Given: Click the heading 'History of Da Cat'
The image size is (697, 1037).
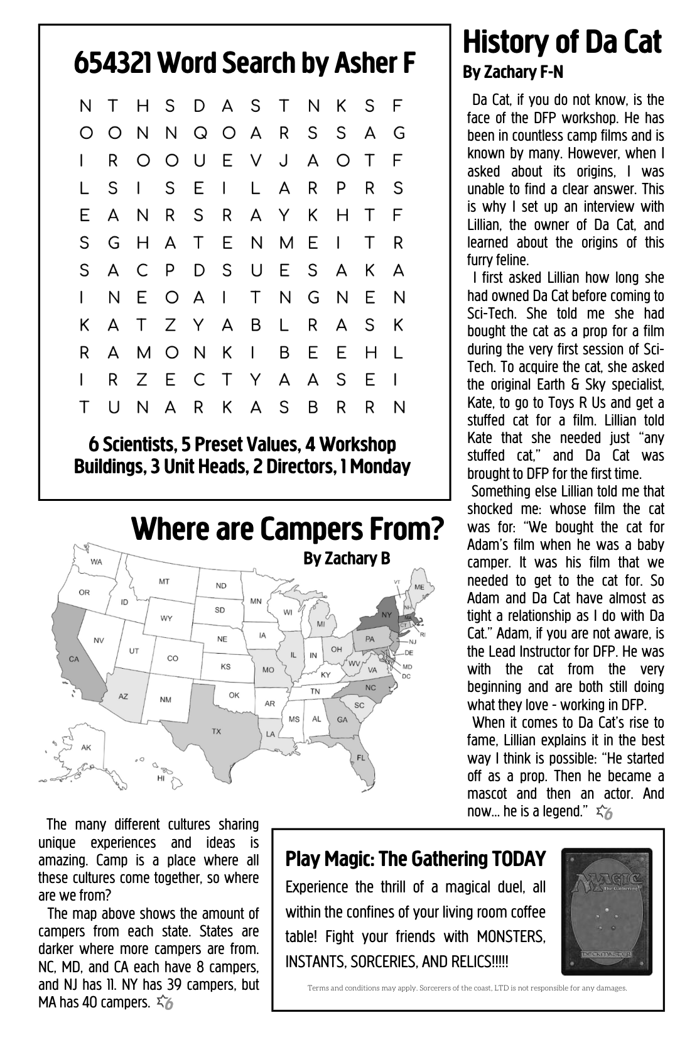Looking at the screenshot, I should pos(561,43).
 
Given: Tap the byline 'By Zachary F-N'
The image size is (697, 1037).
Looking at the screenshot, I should pos(513,73).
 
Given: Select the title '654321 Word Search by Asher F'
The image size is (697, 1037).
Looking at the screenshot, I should pos(245,63).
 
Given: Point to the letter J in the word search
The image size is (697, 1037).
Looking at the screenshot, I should pos(283,161).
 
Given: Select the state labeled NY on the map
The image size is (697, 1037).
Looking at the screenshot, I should pos(386,614).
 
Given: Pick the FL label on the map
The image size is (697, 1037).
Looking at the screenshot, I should pos(360,757).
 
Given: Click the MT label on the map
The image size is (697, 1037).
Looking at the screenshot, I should pos(164,581).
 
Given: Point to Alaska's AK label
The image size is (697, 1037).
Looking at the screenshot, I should pos(86,747).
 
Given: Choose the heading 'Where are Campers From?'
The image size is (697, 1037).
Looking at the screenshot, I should pos(288,529).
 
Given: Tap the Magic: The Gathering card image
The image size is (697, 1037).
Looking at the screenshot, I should pos(607,911).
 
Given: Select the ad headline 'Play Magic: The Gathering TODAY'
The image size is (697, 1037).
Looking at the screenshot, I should pos(415,859).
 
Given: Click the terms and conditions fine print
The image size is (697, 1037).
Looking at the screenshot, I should pos(467,988).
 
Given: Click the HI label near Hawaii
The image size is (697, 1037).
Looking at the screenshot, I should pos(161,777).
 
